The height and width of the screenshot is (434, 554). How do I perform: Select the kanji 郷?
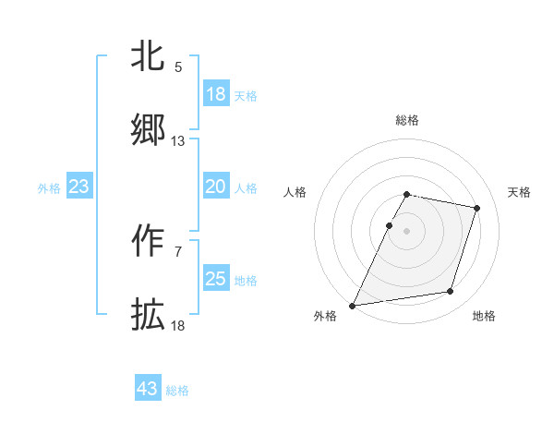coord(149,130)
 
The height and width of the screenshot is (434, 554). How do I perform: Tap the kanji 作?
coord(149,241)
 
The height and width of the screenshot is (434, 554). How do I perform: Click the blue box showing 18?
coord(216,94)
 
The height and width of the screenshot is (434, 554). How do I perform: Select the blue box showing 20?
coord(216,187)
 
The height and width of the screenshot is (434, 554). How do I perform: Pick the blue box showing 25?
coord(216,279)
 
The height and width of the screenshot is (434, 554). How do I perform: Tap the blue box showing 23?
coord(79,187)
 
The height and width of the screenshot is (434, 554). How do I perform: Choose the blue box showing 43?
coord(148,389)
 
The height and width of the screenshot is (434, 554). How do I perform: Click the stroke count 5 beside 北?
coord(178,67)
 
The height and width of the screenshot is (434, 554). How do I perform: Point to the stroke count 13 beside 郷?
coord(178,141)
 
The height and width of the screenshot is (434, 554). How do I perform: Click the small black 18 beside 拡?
coord(178,326)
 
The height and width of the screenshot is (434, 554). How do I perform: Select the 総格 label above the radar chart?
coord(407,120)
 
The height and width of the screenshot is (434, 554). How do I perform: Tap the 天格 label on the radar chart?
coord(520,192)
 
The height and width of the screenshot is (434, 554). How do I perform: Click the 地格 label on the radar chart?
coord(484,317)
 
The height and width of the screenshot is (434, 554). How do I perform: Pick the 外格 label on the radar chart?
coord(325,317)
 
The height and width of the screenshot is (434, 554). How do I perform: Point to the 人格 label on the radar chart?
coord(295,192)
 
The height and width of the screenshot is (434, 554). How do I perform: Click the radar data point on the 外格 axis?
coord(353,305)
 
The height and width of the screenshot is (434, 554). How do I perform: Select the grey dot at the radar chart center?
coord(407,231)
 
